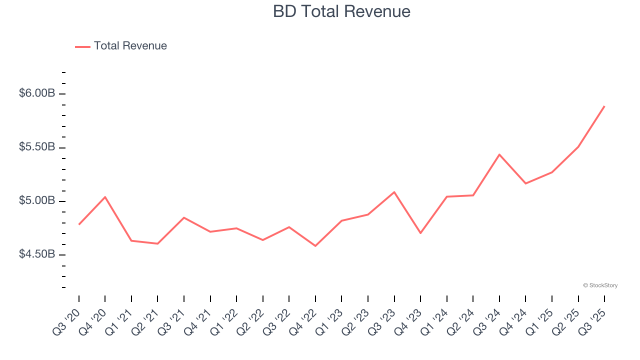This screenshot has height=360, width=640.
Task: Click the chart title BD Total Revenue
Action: (x=341, y=11)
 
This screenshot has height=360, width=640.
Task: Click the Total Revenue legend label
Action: (x=130, y=46)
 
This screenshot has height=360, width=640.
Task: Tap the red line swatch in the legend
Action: (x=82, y=46)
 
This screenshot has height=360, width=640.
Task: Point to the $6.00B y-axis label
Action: (x=37, y=93)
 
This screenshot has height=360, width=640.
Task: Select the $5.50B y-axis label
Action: (x=37, y=147)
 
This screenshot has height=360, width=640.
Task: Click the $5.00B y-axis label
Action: (x=37, y=201)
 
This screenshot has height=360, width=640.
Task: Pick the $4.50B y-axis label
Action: (x=37, y=254)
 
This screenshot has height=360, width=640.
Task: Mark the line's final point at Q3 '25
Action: (x=604, y=106)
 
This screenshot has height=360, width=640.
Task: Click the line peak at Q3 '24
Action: (x=499, y=154)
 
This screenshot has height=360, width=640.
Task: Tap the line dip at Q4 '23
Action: (x=420, y=233)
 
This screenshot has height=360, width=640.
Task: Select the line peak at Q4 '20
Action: (x=105, y=197)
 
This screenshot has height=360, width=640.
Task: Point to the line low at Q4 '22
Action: (x=315, y=246)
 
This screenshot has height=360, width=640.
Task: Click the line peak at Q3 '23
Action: (x=394, y=192)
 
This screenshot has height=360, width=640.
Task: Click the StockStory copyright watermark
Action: (x=600, y=285)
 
